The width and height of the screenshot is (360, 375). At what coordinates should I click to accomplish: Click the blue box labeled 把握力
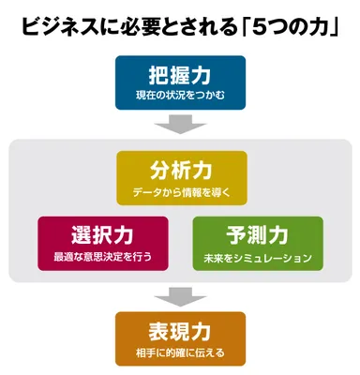click(x=180, y=82)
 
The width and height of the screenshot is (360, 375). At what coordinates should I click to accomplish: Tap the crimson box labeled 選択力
click(x=103, y=242)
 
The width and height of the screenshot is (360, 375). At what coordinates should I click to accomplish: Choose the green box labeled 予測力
click(x=257, y=242)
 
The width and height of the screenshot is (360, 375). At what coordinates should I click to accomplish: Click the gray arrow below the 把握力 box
click(x=180, y=125)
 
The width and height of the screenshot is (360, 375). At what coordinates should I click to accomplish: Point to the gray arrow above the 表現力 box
click(x=180, y=297)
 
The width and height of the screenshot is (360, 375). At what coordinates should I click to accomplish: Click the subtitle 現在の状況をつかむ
click(x=180, y=96)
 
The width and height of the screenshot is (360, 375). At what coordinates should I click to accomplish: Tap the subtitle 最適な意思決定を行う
click(x=103, y=256)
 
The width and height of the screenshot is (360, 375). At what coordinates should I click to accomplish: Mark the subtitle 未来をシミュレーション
click(x=257, y=256)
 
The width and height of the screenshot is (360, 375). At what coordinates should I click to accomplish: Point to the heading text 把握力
click(x=180, y=74)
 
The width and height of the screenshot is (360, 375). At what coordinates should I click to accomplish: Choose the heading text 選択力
click(x=103, y=233)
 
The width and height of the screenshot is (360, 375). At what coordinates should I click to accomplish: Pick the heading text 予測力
click(x=257, y=233)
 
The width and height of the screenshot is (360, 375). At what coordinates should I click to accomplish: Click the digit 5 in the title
click(x=265, y=26)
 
